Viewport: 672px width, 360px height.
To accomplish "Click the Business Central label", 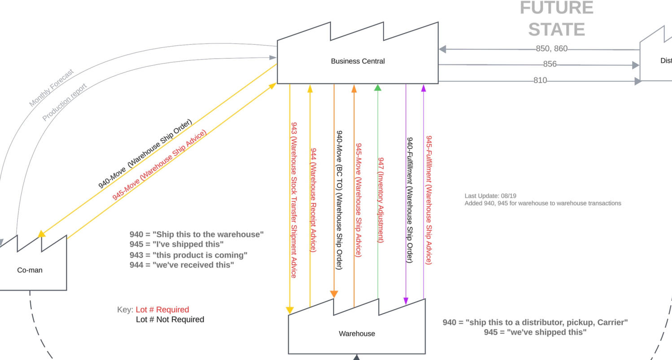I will pos(358,61).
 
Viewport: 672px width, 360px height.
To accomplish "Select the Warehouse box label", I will pos(357,334).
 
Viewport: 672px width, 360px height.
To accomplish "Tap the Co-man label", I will pos(30,270).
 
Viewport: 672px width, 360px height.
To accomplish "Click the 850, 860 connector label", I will pos(551,48).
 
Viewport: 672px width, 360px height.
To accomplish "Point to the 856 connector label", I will pos(550,64).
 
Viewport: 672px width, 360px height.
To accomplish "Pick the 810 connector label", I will pos(540,80).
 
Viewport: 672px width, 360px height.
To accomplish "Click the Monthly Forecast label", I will pos(51,88).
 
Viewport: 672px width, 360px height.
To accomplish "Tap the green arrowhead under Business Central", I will pos(378,88).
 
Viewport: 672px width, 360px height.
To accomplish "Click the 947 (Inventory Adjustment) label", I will pos(381,200).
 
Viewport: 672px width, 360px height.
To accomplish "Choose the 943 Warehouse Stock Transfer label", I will pos(294,200).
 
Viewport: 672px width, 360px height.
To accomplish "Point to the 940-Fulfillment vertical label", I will pos(409,200).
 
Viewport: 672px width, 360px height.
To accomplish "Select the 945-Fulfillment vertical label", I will pos(428,200).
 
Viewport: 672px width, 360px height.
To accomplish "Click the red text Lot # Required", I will pos(162,309).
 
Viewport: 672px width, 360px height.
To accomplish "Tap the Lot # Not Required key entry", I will pos(170,319).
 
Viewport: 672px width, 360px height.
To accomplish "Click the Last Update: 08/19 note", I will pos(490,196).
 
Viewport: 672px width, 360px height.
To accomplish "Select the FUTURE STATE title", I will pos(556,19).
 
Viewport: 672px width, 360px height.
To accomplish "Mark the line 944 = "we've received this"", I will pos(182,265).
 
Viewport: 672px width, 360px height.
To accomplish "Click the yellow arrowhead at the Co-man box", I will pos(42,233).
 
